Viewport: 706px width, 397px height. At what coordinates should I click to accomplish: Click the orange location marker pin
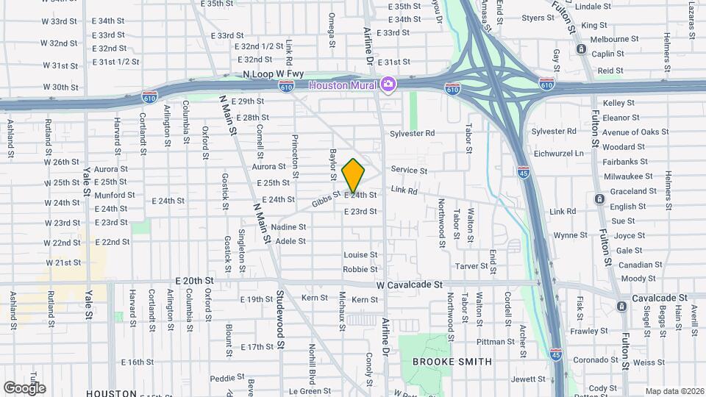click(353, 176)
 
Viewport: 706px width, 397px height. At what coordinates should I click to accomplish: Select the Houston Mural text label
click(343, 85)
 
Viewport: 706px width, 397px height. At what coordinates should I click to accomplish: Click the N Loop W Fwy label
click(273, 74)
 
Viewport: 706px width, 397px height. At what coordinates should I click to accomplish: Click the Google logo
click(24, 387)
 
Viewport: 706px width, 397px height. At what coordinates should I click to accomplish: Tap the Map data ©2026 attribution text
click(674, 391)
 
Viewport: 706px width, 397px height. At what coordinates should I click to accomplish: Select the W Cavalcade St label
click(407, 284)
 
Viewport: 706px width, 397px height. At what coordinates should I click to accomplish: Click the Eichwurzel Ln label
click(580, 153)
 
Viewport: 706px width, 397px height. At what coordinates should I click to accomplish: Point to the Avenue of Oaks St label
click(635, 132)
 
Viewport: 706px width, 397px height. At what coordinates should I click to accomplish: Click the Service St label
click(409, 171)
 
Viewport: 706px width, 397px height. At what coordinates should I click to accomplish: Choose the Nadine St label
click(288, 227)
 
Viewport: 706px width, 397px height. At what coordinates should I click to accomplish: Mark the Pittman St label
click(496, 342)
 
